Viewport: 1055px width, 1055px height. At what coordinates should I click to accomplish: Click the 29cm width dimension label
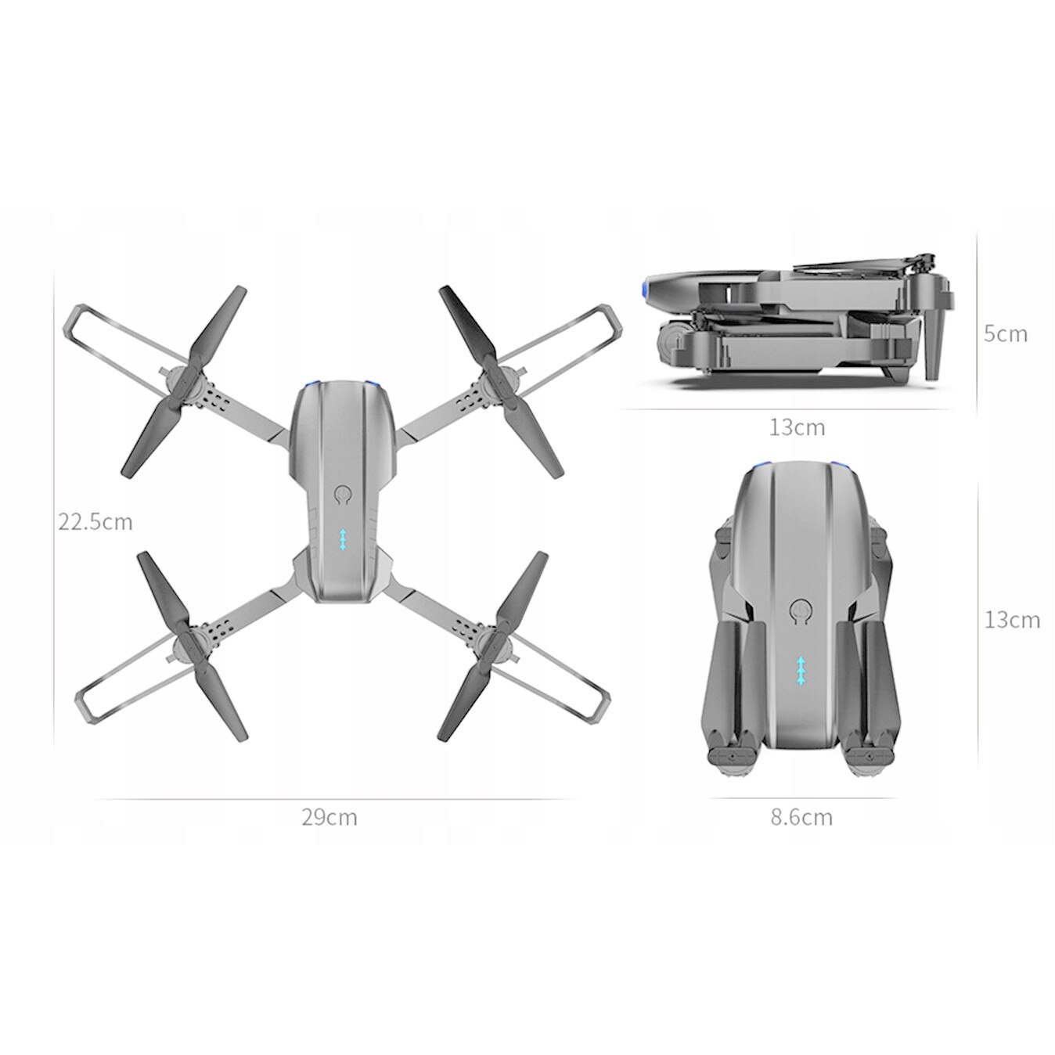[329, 818]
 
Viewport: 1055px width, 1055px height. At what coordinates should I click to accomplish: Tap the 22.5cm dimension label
[95, 521]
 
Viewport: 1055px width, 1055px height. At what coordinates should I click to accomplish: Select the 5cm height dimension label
[1005, 333]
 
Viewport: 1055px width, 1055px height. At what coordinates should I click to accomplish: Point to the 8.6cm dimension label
[801, 818]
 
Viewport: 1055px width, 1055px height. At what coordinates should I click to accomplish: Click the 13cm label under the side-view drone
[797, 427]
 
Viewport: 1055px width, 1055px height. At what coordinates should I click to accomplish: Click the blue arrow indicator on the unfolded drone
[343, 540]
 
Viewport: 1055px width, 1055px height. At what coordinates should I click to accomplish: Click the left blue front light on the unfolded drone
[312, 384]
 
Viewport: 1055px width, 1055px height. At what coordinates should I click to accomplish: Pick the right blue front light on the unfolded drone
[373, 384]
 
